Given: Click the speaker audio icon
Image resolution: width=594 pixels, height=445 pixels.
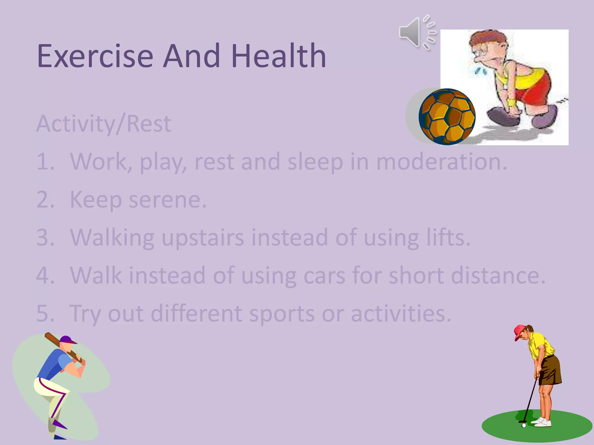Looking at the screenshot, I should click(417, 32).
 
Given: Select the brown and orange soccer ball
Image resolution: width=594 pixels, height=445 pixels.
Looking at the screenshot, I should click(447, 117).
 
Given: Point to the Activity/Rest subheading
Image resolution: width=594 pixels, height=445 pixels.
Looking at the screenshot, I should click(104, 124).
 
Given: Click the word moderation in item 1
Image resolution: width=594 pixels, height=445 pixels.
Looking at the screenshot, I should click(441, 162).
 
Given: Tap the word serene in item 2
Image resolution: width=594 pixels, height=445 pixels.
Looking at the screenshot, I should click(167, 200).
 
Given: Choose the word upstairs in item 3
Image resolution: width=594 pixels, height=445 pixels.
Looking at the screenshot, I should click(202, 238).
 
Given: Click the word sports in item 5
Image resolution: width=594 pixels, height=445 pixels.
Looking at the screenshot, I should click(282, 313).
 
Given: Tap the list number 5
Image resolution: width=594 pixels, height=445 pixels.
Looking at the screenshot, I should click(45, 313).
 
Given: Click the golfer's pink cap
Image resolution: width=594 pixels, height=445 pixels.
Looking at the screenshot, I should click(519, 331).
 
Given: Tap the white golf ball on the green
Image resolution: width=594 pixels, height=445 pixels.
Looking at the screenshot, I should click(524, 426).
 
